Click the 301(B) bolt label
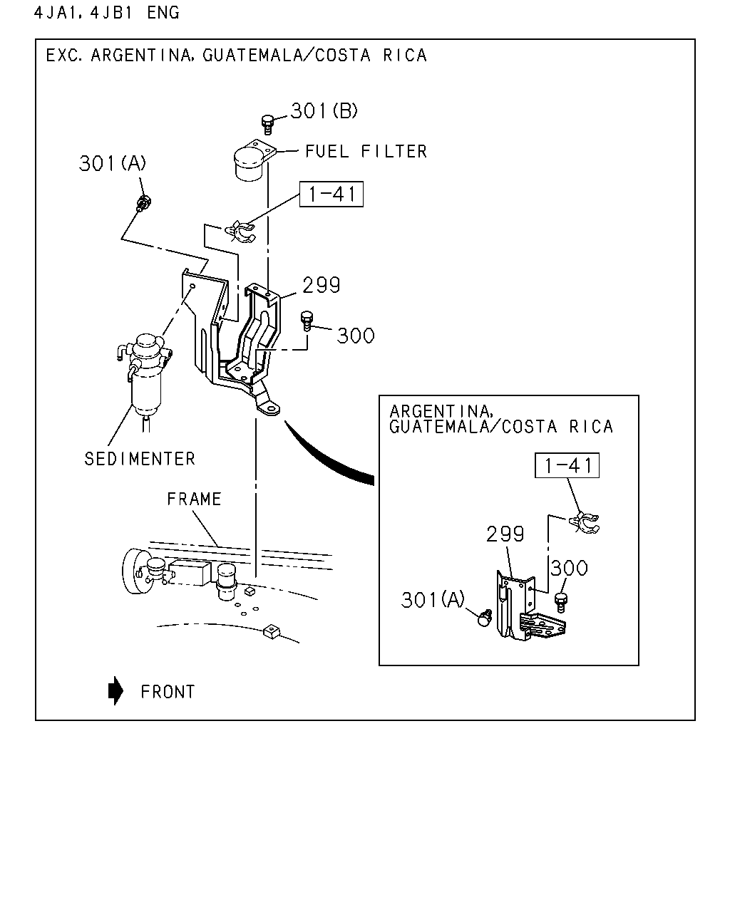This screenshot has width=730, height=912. (324, 111)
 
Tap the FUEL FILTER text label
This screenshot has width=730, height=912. (366, 151)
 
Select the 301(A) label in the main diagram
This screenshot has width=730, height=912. (113, 163)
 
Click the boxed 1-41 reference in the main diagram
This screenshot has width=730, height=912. (331, 194)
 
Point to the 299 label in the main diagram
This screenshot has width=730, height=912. (321, 285)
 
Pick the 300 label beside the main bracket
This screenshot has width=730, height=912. (356, 336)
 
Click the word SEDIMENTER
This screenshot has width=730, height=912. (140, 459)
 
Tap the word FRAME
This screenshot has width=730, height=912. (195, 499)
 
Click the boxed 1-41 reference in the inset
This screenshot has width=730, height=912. (567, 465)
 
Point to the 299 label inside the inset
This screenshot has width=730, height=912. (505, 534)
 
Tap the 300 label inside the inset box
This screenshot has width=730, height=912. (569, 568)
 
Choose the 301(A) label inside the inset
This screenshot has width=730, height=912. (433, 600)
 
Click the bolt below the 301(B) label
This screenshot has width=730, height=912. (267, 125)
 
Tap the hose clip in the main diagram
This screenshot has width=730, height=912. (240, 232)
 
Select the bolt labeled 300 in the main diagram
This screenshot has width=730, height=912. (307, 321)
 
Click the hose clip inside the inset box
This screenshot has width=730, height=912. (584, 523)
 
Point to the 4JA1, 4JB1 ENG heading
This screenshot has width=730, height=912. (107, 13)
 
